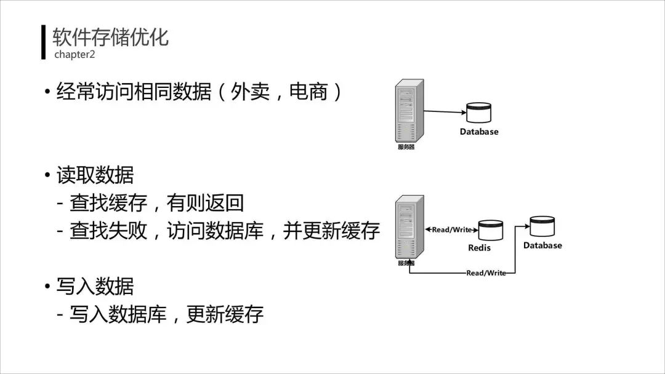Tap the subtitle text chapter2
[x=75, y=55]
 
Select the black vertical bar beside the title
[x=44, y=42]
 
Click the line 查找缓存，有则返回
[x=156, y=202]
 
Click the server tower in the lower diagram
[x=409, y=227]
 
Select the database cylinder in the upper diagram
[x=478, y=113]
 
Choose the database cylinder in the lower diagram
[x=542, y=226]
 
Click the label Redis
[x=480, y=247]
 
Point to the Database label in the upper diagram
[x=479, y=132]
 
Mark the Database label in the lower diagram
[x=542, y=245]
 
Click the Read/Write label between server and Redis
[x=452, y=229]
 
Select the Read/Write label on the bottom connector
[x=486, y=273]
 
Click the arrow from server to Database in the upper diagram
[x=443, y=112]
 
